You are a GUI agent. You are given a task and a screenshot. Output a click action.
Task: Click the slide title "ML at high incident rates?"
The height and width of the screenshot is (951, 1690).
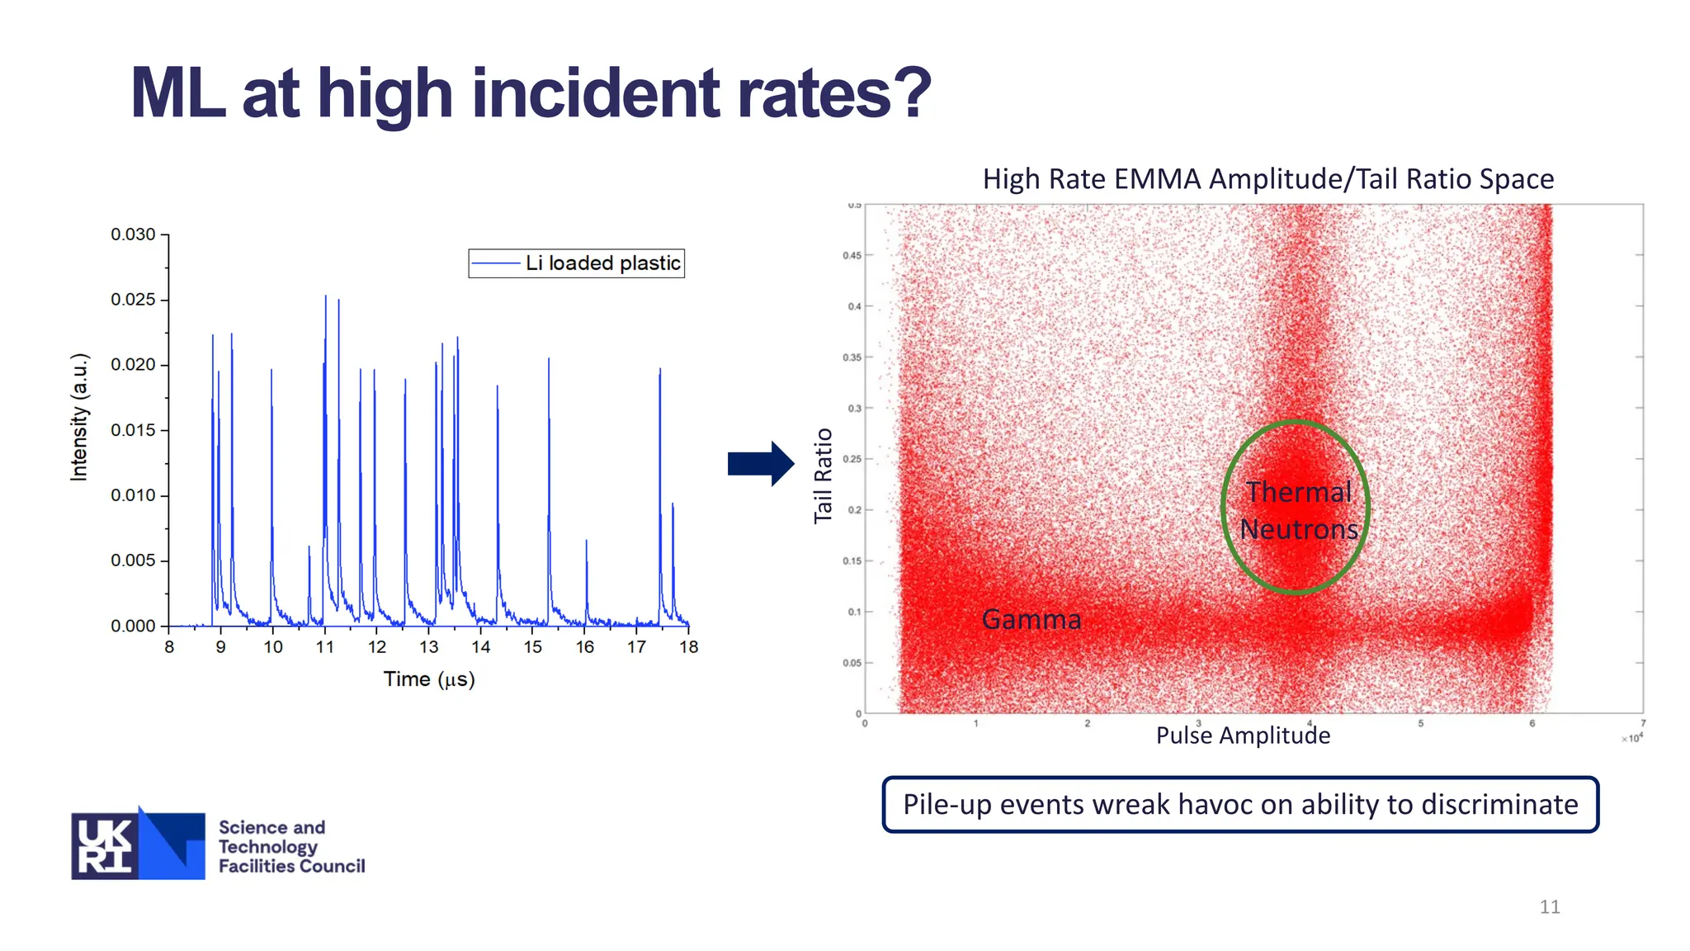531,93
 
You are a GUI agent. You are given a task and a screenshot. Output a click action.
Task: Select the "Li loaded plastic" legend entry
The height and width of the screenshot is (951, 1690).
602,263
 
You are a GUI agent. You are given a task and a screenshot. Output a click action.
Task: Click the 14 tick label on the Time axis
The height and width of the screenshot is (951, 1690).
480,647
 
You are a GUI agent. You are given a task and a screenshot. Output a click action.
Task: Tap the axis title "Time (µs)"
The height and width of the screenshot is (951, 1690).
429,679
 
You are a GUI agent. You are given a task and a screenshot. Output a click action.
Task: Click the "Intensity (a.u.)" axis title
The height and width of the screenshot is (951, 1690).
79,417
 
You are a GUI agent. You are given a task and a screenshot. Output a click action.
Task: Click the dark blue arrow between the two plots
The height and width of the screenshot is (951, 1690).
760,463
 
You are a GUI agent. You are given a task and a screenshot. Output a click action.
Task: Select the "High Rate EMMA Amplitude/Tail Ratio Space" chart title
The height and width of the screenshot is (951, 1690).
1267,179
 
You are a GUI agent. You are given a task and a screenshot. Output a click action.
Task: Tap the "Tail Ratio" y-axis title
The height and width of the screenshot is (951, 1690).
823,475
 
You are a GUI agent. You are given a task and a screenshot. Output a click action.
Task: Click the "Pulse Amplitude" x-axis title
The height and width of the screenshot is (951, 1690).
1243,735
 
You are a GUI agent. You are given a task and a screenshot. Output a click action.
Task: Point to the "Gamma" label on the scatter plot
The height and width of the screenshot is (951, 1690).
1031,619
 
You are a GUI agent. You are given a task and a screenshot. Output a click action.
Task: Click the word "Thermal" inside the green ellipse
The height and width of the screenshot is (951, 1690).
1298,492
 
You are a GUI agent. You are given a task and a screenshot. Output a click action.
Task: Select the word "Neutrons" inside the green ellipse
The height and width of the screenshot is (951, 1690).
1299,529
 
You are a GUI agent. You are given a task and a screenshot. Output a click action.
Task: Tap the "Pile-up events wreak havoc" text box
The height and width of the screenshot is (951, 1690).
1240,804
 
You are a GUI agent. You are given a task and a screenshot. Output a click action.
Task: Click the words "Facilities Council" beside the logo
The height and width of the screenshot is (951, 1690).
291,866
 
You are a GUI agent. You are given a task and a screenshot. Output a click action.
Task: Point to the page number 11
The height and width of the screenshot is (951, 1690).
1549,906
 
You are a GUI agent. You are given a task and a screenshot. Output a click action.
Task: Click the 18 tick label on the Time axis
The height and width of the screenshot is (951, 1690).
688,647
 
